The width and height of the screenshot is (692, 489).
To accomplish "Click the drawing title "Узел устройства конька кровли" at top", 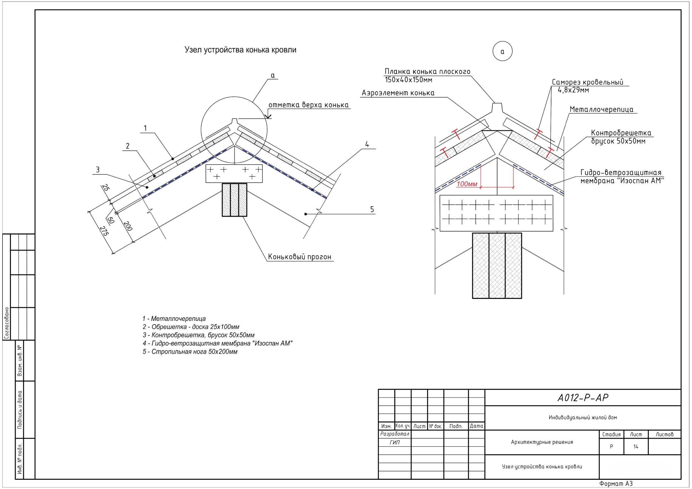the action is point(240,50).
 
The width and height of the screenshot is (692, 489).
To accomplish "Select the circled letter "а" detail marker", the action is point(503,51).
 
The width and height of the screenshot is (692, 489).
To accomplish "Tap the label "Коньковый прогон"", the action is point(300,257).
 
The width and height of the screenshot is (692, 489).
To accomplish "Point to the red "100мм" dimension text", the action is point(467,184).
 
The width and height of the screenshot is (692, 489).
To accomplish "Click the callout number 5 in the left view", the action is point(372,209).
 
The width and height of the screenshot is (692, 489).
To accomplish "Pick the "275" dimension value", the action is point(104,231).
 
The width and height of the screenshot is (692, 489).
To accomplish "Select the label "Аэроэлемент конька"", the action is point(398,93).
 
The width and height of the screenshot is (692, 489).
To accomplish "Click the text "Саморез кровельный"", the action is point(587,82).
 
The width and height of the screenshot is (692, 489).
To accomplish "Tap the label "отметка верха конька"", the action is point(308,105).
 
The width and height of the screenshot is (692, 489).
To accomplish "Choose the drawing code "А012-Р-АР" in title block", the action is point(583,398).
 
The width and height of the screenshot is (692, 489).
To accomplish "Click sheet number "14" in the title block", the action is point(636,447).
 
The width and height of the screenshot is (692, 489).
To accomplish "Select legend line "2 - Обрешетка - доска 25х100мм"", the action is point(191,327).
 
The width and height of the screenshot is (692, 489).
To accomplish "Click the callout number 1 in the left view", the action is point(145,128).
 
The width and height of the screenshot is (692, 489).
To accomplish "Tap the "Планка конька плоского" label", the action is point(427,71).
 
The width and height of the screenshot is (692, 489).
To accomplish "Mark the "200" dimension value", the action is point(128,226).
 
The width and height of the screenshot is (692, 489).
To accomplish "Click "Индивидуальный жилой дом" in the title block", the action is point(583,418).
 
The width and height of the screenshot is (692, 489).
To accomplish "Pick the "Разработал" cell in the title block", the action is point(395,434).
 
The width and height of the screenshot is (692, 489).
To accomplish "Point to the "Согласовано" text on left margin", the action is point(7,323).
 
